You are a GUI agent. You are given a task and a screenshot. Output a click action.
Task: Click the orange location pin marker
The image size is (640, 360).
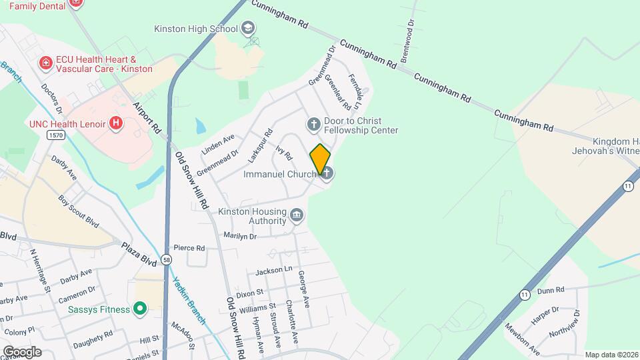point(320,159)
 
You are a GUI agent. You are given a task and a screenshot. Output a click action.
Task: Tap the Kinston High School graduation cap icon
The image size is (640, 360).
point(248,29)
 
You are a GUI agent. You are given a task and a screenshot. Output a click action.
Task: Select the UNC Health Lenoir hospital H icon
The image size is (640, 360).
point(117,123)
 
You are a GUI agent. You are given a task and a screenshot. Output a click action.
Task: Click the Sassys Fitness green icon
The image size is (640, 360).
point(139,309)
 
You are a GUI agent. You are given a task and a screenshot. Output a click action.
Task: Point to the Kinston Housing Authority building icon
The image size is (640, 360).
point(297,215)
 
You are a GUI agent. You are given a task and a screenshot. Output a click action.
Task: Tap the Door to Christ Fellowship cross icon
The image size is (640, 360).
point(313,125)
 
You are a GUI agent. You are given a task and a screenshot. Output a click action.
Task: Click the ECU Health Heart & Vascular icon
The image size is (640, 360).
point(46,64)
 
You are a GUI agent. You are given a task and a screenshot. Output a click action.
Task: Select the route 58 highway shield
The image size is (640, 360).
point(166,258)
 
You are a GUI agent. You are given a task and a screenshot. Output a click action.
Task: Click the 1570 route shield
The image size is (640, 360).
point(56,135)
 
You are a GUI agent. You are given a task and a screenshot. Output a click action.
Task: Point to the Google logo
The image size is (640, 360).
point(22,351)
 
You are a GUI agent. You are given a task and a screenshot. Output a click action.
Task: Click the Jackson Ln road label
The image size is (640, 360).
point(274,271)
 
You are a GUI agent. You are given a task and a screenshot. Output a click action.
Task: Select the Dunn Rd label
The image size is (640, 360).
point(551,290)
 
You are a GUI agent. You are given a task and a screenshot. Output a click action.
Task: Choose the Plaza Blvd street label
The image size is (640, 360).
point(138,254)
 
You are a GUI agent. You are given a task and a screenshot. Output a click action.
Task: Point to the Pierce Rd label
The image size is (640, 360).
point(189,248)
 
